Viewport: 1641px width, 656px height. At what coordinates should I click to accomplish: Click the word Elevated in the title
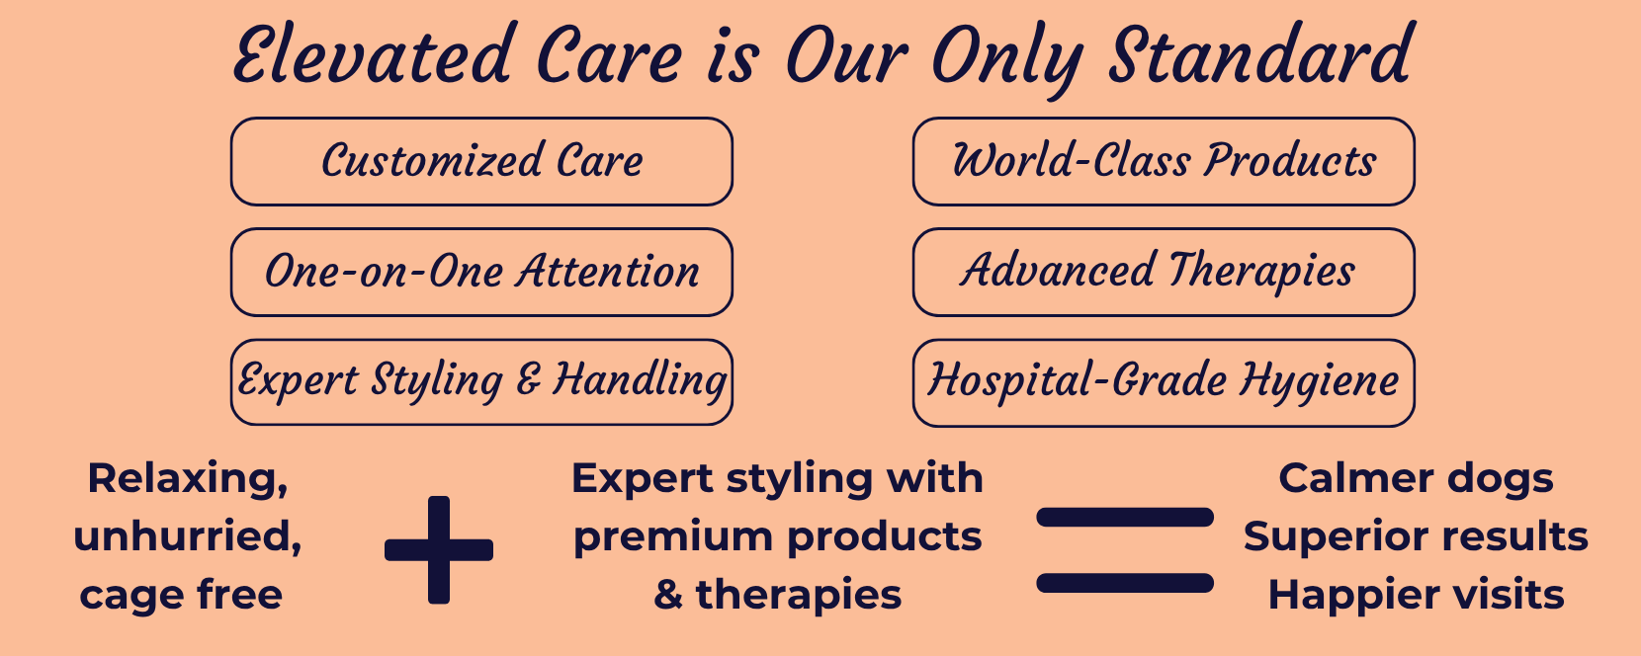tap(372, 54)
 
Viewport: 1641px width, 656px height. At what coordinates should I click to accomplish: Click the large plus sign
tap(439, 550)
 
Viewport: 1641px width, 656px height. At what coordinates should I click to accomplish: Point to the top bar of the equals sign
tap(1125, 517)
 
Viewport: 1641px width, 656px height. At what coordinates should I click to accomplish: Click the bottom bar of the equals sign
tap(1125, 583)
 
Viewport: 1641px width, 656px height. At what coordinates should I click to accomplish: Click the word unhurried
tap(188, 537)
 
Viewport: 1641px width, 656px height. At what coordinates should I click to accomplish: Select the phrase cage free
tap(181, 595)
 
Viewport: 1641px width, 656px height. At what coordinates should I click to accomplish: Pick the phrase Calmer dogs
tap(1416, 479)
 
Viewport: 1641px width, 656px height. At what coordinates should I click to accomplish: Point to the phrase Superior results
tap(1416, 537)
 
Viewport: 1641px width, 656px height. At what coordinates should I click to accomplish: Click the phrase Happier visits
tap(1416, 595)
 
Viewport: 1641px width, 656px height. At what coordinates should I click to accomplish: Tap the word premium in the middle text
tap(673, 538)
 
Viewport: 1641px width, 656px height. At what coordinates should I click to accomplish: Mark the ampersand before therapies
tap(668, 595)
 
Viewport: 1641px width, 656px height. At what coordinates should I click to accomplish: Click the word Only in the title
tap(1007, 58)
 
